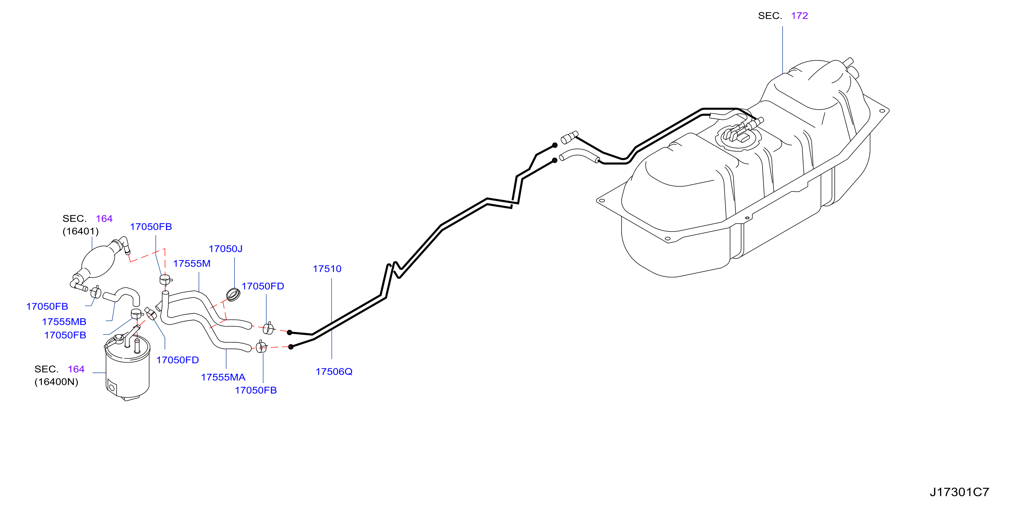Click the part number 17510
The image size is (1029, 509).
pyautogui.click(x=327, y=269)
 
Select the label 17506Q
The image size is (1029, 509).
pyautogui.click(x=334, y=372)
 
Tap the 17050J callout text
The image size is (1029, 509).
pyautogui.click(x=225, y=249)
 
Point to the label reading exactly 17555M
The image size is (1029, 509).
pyautogui.click(x=192, y=264)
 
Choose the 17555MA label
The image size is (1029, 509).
pyautogui.click(x=223, y=378)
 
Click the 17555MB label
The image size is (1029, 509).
pyautogui.click(x=64, y=322)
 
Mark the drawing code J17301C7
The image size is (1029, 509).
pyautogui.click(x=959, y=492)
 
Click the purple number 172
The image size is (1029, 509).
pyautogui.click(x=799, y=16)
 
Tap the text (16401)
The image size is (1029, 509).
pyautogui.click(x=80, y=231)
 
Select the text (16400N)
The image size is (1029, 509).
pyautogui.click(x=56, y=382)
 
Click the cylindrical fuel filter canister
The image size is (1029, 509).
pyautogui.click(x=128, y=368)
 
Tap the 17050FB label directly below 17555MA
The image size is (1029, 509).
pyautogui.click(x=256, y=391)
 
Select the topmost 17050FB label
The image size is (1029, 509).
pyautogui.click(x=151, y=227)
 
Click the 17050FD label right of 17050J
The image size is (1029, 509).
pyautogui.click(x=263, y=286)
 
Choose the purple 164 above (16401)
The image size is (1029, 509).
pyautogui.click(x=104, y=219)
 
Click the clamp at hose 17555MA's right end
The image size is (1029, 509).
pyautogui.click(x=261, y=347)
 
